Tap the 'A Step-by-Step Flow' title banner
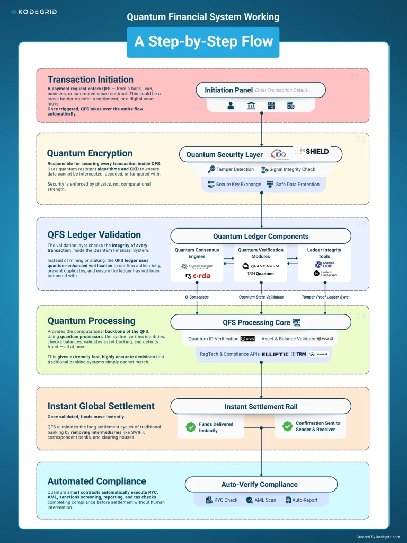(203, 42)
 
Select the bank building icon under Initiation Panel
(251, 106)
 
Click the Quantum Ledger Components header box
(261, 236)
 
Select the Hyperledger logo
(197, 266)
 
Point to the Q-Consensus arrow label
(197, 297)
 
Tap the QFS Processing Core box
(261, 322)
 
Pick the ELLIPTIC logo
(275, 354)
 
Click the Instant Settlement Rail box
(261, 407)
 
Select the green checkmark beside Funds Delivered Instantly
(190, 427)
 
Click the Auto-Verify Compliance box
(261, 484)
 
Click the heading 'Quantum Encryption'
(90, 154)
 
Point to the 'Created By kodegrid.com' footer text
(378, 537)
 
